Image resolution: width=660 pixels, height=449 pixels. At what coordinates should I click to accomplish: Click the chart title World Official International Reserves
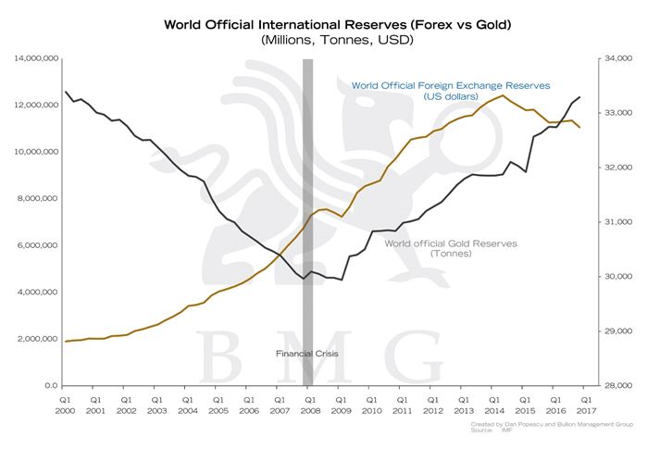pyautogui.click(x=330, y=23)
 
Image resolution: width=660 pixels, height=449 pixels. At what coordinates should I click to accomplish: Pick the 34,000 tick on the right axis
pyautogui.click(x=616, y=58)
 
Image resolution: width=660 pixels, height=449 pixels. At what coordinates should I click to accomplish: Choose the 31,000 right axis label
pyautogui.click(x=616, y=222)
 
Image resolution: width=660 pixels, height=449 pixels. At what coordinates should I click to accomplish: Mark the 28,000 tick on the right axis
pyautogui.click(x=616, y=385)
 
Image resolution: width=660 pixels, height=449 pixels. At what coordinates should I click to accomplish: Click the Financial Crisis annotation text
pyautogui.click(x=308, y=354)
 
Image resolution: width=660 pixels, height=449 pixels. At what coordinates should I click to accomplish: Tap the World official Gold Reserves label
pyautogui.click(x=450, y=247)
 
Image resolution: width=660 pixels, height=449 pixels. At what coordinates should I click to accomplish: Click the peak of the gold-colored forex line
pyautogui.click(x=503, y=95)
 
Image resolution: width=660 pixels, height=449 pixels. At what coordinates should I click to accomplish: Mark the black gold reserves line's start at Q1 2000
pyautogui.click(x=66, y=92)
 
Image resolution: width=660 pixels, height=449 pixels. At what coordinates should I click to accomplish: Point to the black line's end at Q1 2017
pyautogui.click(x=580, y=97)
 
